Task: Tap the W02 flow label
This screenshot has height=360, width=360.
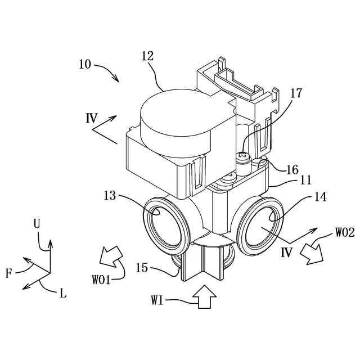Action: pos(344,231)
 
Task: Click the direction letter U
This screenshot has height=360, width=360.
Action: pos(37,223)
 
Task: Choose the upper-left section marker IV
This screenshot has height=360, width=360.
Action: pos(92,119)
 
